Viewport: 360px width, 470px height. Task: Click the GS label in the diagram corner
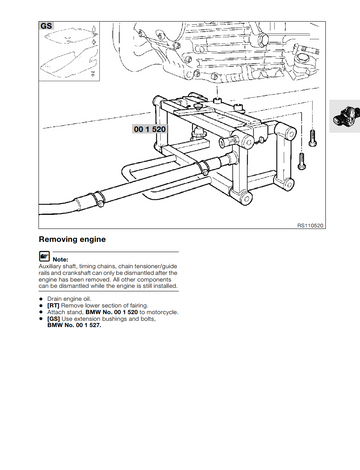coord(46,26)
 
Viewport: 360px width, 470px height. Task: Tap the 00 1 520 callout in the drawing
coord(150,129)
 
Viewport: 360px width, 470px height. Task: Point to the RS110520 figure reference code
coord(310,226)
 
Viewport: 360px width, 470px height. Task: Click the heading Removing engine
coord(72,239)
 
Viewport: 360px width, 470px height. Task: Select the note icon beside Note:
coord(44,256)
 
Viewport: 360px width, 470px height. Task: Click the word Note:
coord(60,259)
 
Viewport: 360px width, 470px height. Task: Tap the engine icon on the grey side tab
coord(346,116)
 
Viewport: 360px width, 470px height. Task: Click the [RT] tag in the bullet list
coord(53,306)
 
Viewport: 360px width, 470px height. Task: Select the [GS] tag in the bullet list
coord(54,319)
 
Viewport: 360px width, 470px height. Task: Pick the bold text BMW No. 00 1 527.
coord(74,325)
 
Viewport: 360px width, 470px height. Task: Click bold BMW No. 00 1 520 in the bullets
coord(112,312)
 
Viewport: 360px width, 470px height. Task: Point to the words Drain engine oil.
coord(69,299)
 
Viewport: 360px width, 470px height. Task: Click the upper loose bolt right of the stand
coord(312,138)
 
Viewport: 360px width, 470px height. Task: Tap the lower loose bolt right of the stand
coord(301,161)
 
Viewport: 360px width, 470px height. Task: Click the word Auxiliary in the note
coord(50,266)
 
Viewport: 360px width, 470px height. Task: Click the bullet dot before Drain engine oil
coord(41,299)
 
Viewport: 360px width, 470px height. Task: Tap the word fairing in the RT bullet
coord(138,306)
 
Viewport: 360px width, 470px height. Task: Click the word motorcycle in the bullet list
coord(162,312)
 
